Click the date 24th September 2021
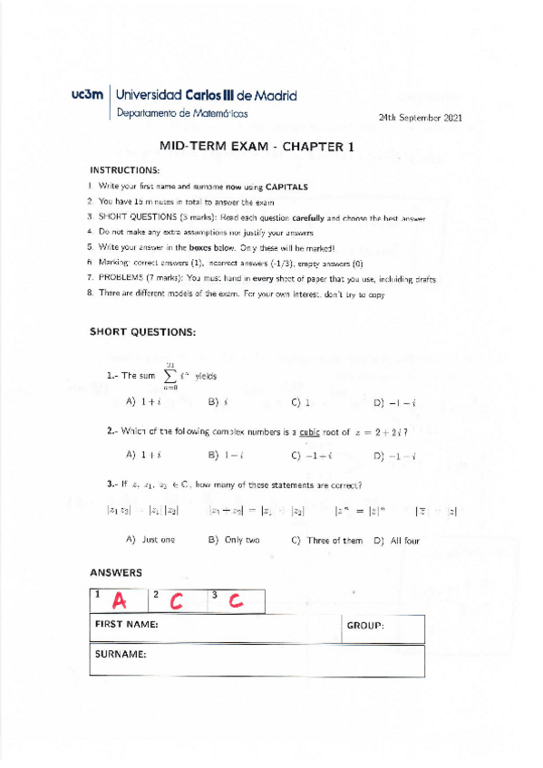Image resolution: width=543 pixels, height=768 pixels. (421, 118)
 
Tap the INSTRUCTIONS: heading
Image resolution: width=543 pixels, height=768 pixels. (124, 169)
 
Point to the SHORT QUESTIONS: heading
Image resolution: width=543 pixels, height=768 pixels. (142, 306)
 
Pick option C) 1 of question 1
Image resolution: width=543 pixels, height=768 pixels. (301, 401)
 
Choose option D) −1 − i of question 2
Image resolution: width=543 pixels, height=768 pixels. (394, 455)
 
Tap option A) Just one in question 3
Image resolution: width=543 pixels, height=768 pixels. (150, 540)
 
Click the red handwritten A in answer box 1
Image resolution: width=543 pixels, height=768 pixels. (119, 601)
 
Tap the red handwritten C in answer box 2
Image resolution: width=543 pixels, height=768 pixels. (177, 601)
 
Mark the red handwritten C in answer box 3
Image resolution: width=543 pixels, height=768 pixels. (234, 600)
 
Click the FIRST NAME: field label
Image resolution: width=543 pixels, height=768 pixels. (127, 625)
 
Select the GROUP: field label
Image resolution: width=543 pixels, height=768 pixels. (365, 626)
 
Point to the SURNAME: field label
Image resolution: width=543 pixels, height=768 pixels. (121, 654)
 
